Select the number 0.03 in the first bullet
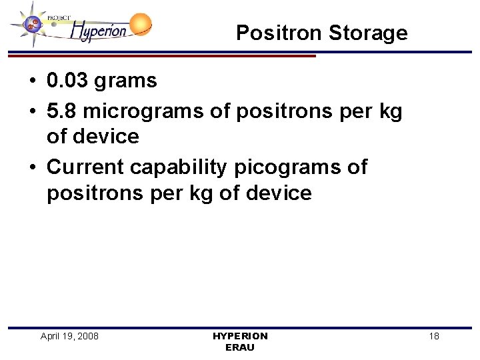68,81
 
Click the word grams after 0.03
126,81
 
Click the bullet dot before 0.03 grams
32,82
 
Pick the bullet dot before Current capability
32,167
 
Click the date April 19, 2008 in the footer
69,336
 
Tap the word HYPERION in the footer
240,336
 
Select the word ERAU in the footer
240,347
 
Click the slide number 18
434,336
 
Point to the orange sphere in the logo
140,25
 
